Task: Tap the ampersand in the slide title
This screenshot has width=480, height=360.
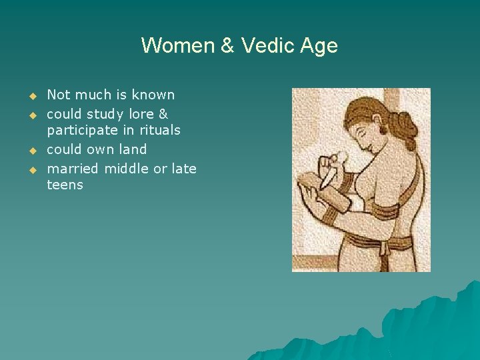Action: pos(227,46)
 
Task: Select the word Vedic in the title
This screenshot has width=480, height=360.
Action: pos(265,46)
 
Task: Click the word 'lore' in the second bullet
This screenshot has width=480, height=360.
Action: pos(135,114)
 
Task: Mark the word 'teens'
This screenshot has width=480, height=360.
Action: pos(65,185)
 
